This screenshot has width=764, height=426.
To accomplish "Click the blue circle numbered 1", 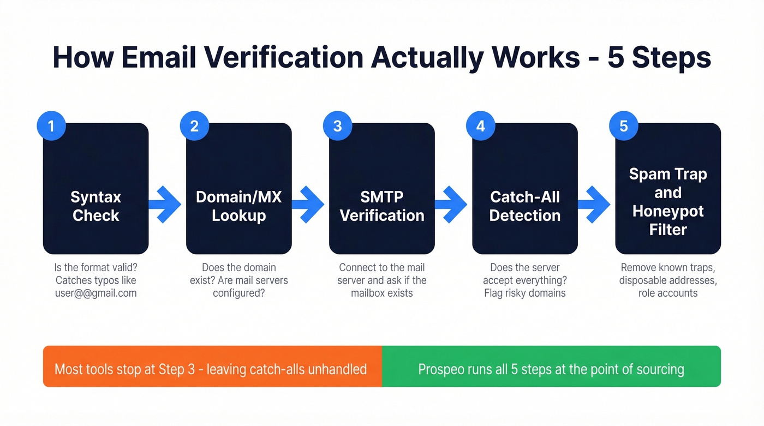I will [51, 126].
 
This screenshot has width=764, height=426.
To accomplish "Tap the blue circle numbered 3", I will [337, 126].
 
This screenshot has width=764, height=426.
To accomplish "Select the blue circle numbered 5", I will [624, 126].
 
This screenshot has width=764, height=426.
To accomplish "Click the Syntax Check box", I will [96, 188].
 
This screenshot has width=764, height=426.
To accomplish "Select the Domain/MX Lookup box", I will [239, 188].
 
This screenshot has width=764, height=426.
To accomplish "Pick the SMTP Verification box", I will [382, 188].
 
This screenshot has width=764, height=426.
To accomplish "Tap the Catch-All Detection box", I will [525, 188].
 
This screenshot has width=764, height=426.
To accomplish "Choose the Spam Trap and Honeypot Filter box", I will [668, 188].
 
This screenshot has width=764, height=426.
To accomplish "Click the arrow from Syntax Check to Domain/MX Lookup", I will [165, 205].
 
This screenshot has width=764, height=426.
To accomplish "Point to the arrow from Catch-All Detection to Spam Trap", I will [595, 205].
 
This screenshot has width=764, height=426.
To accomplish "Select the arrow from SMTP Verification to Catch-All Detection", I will [452, 205].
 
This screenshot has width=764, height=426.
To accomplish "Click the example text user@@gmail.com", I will [96, 293].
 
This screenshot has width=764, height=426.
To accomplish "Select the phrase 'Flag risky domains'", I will [525, 293].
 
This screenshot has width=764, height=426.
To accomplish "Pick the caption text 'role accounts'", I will [668, 293].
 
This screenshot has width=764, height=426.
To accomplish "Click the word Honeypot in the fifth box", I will [668, 211].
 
